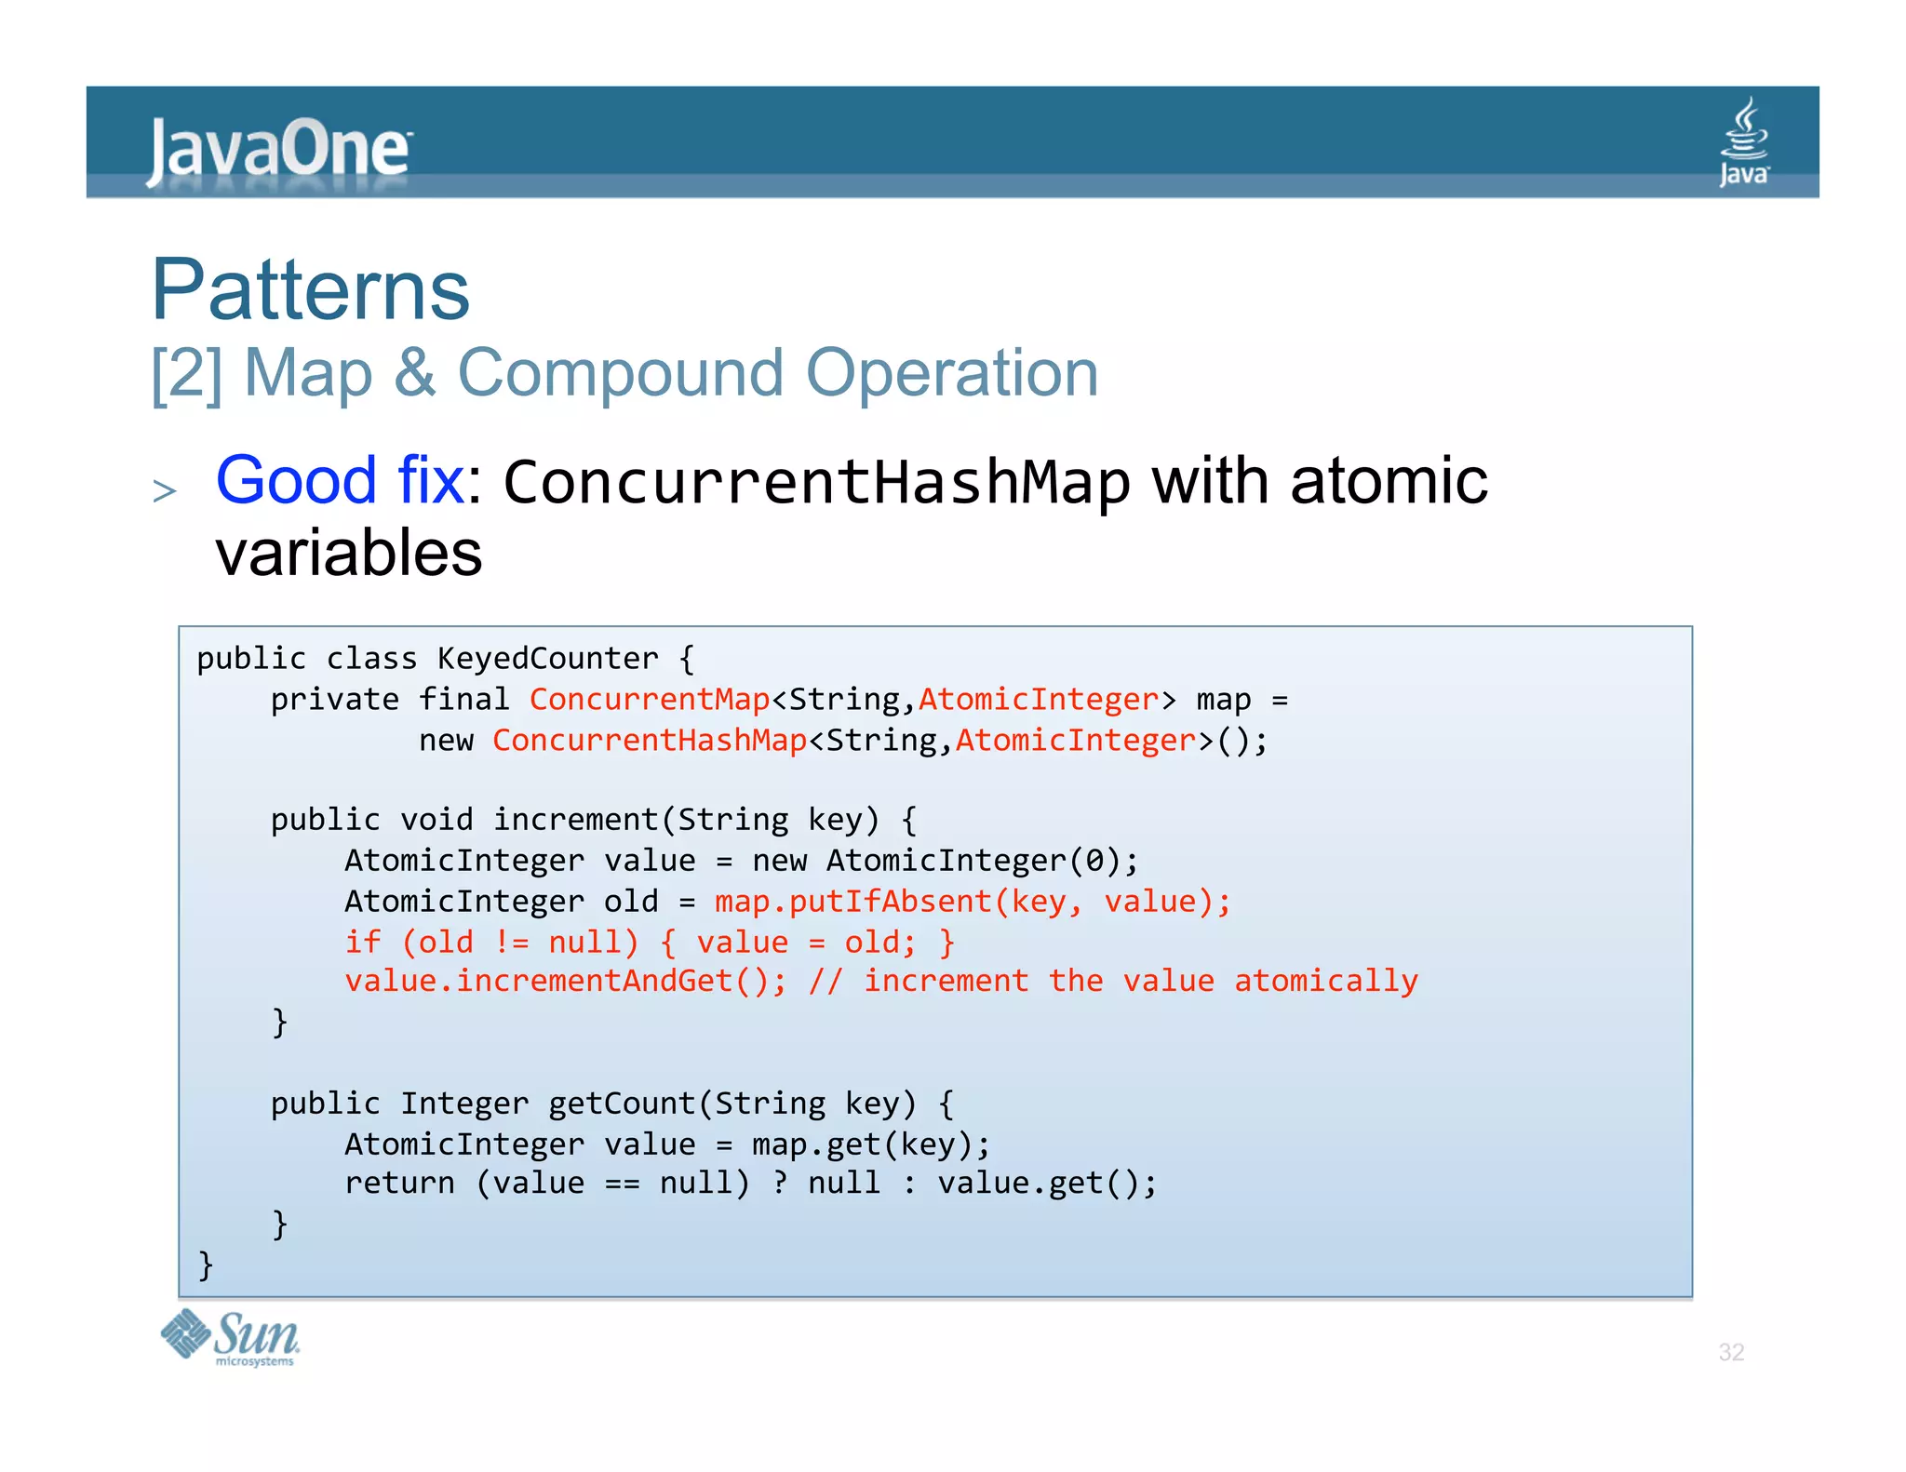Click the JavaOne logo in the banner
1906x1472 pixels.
(x=278, y=149)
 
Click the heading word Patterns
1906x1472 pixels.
(x=311, y=289)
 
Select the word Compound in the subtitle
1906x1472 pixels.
(x=621, y=373)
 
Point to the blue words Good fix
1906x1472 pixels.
(x=340, y=481)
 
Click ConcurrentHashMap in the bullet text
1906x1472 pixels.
(x=816, y=483)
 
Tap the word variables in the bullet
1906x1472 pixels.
(x=349, y=553)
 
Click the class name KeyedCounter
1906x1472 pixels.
(x=548, y=659)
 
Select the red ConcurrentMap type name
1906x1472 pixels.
(x=650, y=700)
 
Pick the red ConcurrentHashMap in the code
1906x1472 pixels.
(x=650, y=741)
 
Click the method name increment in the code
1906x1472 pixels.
(x=575, y=820)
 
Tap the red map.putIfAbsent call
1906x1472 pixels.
(x=853, y=902)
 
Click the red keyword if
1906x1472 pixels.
(x=363, y=942)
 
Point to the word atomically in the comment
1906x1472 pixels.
(x=1325, y=982)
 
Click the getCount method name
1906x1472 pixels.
(x=621, y=1104)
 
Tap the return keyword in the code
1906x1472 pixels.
(x=400, y=1184)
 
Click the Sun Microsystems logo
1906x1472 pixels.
(x=230, y=1338)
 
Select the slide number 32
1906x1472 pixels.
(x=1730, y=1352)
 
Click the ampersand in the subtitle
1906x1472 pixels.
(x=415, y=373)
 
